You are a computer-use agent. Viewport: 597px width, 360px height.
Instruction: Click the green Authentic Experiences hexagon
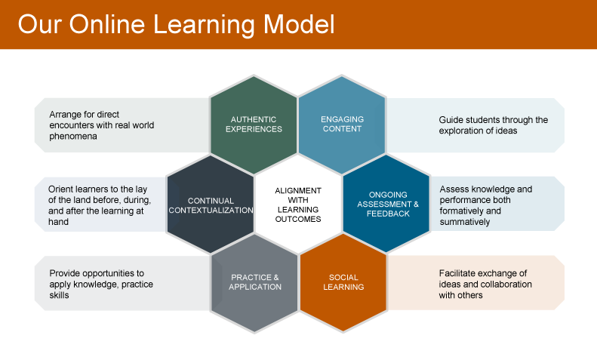(x=254, y=125)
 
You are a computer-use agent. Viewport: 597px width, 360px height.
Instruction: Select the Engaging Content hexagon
(x=342, y=125)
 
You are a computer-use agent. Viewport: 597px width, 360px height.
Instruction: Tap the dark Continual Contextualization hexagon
(x=210, y=205)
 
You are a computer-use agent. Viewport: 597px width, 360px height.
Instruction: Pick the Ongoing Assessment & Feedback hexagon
(x=386, y=204)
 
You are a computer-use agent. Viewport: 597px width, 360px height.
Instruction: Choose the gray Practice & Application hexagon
(x=254, y=284)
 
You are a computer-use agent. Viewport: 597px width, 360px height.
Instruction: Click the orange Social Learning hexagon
(x=343, y=284)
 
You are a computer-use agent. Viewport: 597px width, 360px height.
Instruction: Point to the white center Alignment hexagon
(x=298, y=205)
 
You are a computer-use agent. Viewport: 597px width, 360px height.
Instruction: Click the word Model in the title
(x=300, y=24)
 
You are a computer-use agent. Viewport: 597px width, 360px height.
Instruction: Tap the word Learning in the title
(x=204, y=25)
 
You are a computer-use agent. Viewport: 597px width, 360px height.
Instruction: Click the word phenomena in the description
(x=73, y=137)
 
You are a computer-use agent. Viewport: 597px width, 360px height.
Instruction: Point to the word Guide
(x=450, y=120)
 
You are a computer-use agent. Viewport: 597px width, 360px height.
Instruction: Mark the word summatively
(x=465, y=221)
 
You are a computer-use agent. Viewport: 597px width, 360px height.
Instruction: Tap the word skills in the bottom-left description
(x=59, y=295)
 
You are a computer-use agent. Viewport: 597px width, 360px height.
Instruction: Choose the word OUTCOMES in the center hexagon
(x=298, y=219)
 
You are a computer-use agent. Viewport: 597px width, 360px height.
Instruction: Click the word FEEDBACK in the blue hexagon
(x=388, y=214)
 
